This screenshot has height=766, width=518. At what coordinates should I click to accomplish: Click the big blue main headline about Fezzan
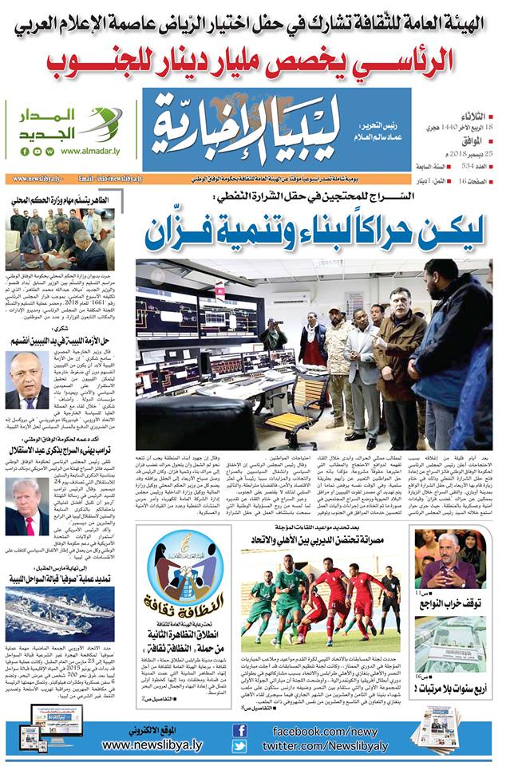[x=314, y=229]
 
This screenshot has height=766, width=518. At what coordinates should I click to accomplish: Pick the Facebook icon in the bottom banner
[x=239, y=730]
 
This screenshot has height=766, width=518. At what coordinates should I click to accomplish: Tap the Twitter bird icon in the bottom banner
[x=239, y=746]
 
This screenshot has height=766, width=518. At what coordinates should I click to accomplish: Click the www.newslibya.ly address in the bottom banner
[x=152, y=744]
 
